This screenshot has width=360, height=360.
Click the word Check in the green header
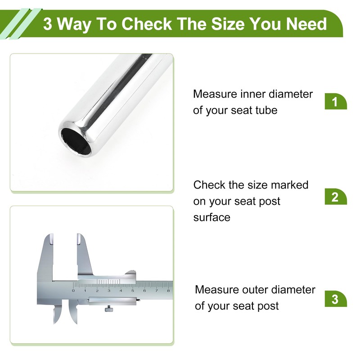(147, 24)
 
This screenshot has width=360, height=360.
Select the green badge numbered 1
(336, 102)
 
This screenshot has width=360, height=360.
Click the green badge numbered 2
(336, 197)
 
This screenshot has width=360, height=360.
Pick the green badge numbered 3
(336, 299)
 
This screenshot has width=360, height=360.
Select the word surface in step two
(211, 217)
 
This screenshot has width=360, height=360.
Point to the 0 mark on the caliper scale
(73, 291)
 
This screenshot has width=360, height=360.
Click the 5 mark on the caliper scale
(132, 291)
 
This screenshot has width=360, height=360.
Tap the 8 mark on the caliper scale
(168, 291)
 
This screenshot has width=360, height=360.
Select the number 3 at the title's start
(47, 24)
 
